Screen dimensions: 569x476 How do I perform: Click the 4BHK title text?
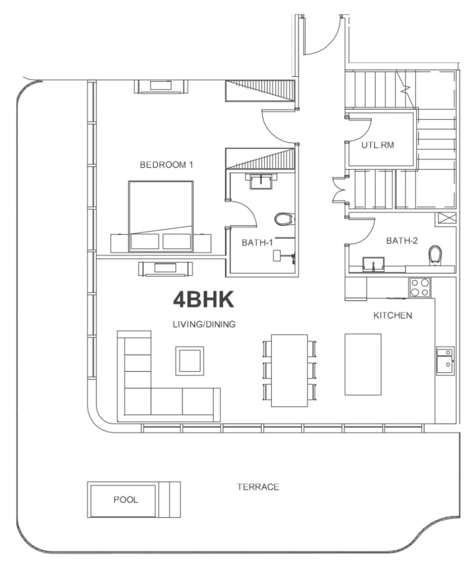coord(204,300)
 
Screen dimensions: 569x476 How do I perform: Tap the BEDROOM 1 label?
coord(166,165)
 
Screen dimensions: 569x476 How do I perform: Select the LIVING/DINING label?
coord(204,325)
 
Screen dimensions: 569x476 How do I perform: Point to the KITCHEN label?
coord(392,316)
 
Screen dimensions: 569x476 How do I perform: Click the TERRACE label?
coord(258,487)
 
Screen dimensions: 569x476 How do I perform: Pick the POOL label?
coord(125,500)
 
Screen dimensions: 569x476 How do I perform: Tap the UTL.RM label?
coord(378,145)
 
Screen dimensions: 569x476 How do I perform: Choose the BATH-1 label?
coord(257,243)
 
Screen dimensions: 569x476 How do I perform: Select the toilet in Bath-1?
coord(285,218)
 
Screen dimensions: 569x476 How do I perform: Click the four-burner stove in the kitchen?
coord(419,287)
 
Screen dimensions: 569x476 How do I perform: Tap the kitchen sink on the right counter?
coord(445,361)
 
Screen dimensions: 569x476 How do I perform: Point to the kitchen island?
coord(363,364)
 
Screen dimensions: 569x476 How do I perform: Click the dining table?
coord(289,370)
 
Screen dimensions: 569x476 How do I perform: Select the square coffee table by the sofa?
coord(189,361)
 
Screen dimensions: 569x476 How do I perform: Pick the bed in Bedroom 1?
coord(161,216)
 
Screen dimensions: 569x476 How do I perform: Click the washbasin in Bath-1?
coord(261,181)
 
